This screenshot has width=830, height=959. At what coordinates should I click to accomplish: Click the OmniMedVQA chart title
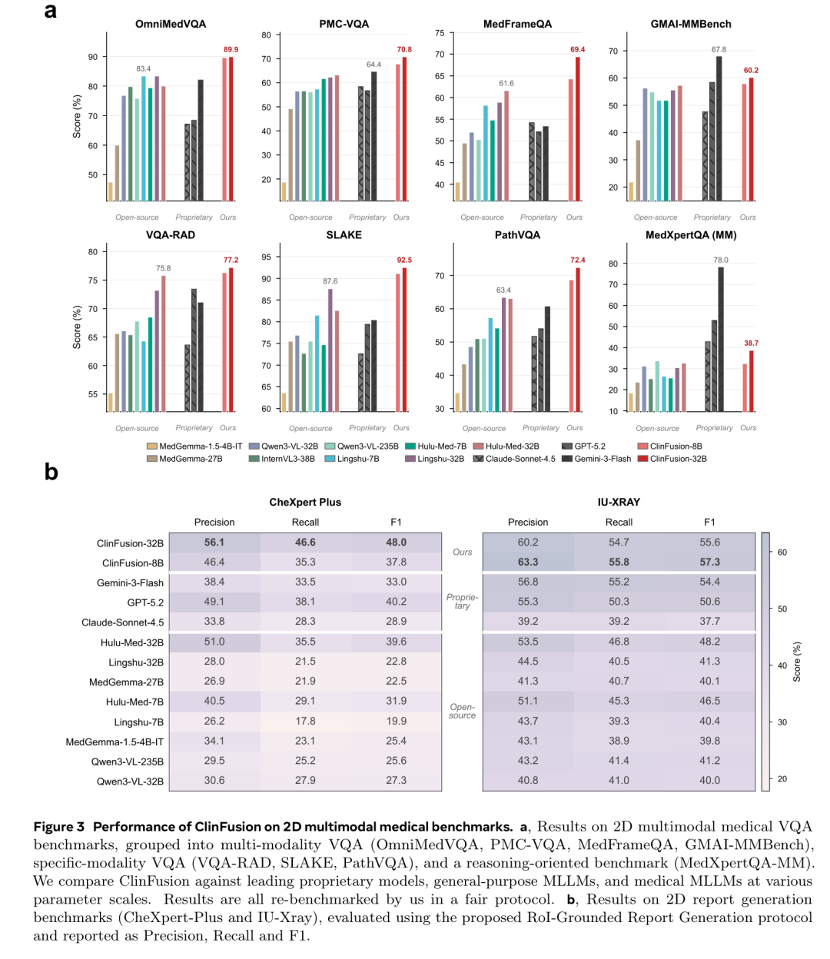[171, 24]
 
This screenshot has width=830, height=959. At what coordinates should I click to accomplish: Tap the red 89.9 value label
[231, 50]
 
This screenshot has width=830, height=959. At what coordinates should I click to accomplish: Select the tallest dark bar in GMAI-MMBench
[719, 128]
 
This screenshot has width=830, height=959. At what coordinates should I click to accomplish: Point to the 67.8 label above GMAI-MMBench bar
[719, 50]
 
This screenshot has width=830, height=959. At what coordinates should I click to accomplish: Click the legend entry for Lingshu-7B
[352, 459]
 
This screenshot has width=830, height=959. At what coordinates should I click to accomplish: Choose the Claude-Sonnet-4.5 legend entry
[514, 459]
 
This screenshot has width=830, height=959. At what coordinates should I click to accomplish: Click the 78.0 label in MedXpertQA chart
[721, 260]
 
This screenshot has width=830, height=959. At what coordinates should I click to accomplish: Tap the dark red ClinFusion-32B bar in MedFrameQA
[578, 129]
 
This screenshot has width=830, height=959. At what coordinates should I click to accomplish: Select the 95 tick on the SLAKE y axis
[266, 257]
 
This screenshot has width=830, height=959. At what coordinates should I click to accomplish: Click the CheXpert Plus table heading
[305, 502]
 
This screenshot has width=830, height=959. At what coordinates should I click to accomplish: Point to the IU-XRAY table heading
[619, 502]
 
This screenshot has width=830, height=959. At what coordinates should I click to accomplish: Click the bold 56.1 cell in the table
[214, 543]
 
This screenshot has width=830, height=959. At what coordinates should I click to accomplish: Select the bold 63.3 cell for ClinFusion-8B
[527, 562]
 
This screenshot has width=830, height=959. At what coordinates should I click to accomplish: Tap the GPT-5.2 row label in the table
[145, 602]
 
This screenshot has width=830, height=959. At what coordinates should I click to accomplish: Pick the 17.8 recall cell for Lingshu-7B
[305, 721]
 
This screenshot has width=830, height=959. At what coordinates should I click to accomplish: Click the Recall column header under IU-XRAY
[619, 523]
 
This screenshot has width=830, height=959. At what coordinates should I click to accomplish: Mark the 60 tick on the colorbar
[782, 552]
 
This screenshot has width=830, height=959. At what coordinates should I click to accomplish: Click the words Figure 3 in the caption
[59, 827]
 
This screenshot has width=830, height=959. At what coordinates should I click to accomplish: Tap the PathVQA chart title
[517, 235]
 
